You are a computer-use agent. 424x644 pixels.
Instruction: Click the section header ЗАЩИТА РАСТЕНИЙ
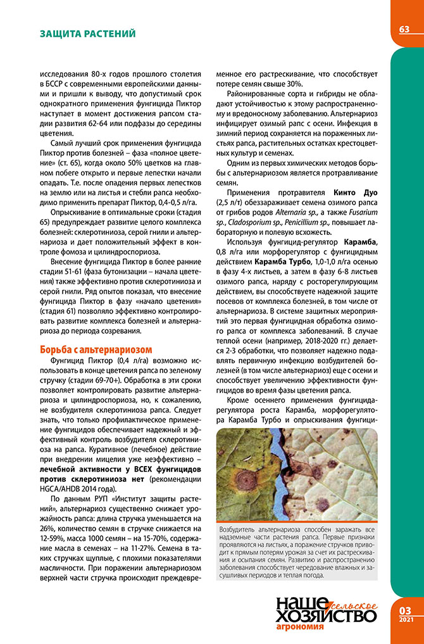point(88,32)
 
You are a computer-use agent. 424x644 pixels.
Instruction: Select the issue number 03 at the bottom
point(405,610)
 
